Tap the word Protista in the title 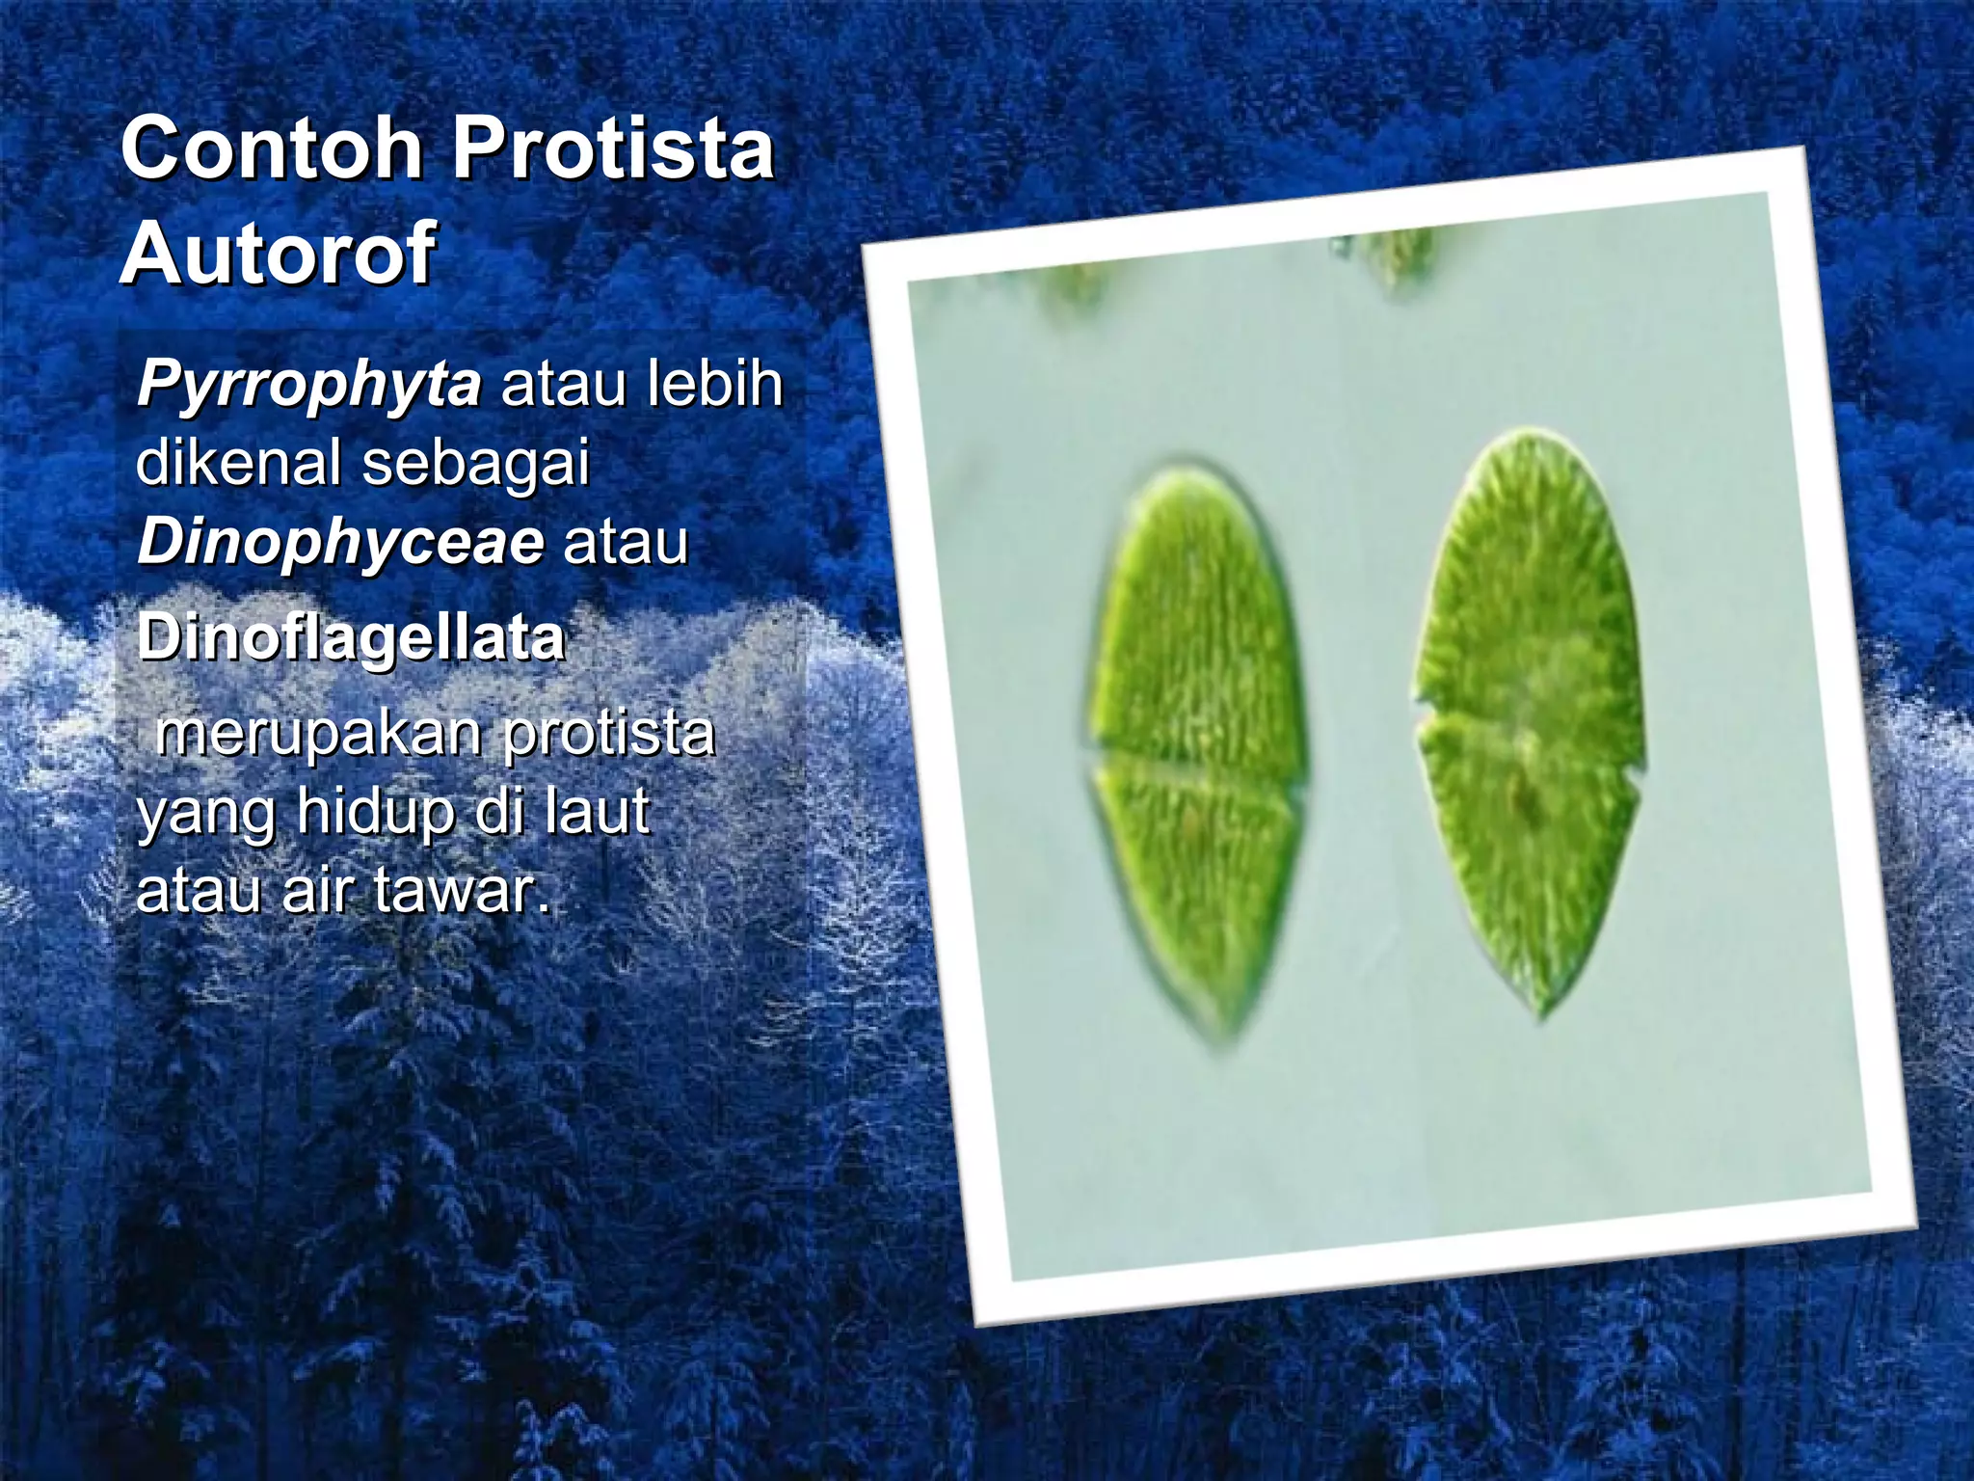click(x=614, y=149)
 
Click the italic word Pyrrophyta click(x=308, y=385)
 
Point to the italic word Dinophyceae click(x=340, y=542)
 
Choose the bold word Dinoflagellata click(x=351, y=637)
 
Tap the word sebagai click(x=475, y=463)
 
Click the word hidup click(x=375, y=812)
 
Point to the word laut click(x=598, y=812)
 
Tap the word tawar click(x=462, y=889)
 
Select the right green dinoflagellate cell click(x=1529, y=714)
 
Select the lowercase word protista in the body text click(x=609, y=735)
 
